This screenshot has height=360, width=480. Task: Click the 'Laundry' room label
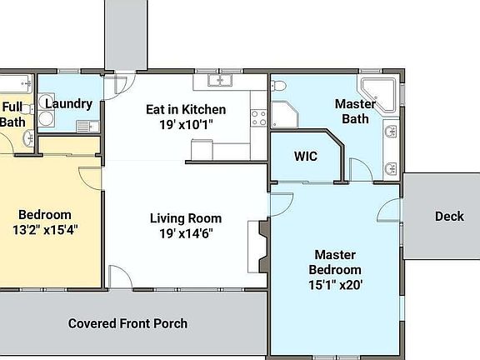67,103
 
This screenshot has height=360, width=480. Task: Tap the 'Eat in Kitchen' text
186,109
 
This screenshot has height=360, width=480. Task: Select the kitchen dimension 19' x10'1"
186,124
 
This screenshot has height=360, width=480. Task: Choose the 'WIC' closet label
305,156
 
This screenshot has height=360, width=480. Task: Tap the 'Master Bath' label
354,112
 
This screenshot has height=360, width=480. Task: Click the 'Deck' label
449,217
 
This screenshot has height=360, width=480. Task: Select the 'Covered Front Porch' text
127,323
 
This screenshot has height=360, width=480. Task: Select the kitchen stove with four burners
258,117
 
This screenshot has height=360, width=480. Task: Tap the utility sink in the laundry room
83,126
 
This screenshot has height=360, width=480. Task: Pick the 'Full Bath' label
12,114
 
